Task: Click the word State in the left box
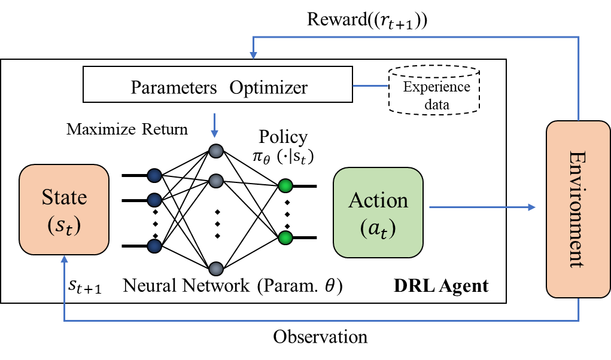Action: click(64, 197)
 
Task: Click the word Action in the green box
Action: click(378, 200)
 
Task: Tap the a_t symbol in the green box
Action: click(378, 229)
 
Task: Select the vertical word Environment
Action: click(577, 209)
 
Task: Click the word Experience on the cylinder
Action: click(436, 87)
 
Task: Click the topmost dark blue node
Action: click(154, 175)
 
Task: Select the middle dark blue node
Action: click(154, 200)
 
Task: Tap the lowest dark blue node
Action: click(154, 246)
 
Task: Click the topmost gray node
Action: click(216, 151)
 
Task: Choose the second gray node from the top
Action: click(216, 180)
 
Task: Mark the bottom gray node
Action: click(216, 269)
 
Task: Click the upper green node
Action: click(285, 185)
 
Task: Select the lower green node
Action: click(285, 238)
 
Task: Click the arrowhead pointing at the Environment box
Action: click(532, 207)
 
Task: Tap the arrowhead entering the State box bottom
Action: click(64, 259)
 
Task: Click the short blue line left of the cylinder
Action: click(370, 86)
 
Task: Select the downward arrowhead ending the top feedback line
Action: click(254, 55)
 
